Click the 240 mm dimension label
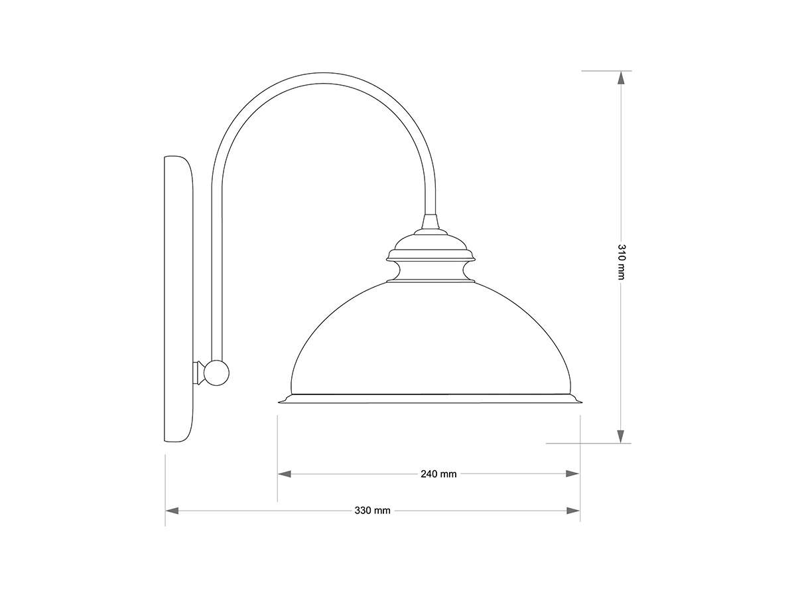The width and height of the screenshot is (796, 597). [x=438, y=474]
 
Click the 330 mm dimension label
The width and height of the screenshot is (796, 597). [x=372, y=511]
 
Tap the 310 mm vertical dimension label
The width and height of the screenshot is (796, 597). [x=621, y=262]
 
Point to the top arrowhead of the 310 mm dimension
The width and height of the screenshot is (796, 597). [x=621, y=78]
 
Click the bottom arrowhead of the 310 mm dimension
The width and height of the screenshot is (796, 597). [x=621, y=436]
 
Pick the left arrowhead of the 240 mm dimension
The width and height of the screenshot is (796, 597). [x=285, y=474]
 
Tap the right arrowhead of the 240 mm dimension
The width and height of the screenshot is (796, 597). [x=572, y=474]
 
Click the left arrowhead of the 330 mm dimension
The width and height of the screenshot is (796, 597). [x=172, y=511]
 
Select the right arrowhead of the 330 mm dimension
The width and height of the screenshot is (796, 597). [x=572, y=511]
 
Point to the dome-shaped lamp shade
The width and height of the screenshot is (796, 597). [x=431, y=339]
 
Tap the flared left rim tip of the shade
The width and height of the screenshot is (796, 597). [x=281, y=400]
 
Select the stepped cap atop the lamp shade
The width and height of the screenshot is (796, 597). [x=431, y=247]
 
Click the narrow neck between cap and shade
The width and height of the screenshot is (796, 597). [x=431, y=270]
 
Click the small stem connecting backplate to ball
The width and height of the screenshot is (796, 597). [x=198, y=373]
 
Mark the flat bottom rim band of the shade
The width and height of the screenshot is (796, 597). [x=431, y=398]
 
